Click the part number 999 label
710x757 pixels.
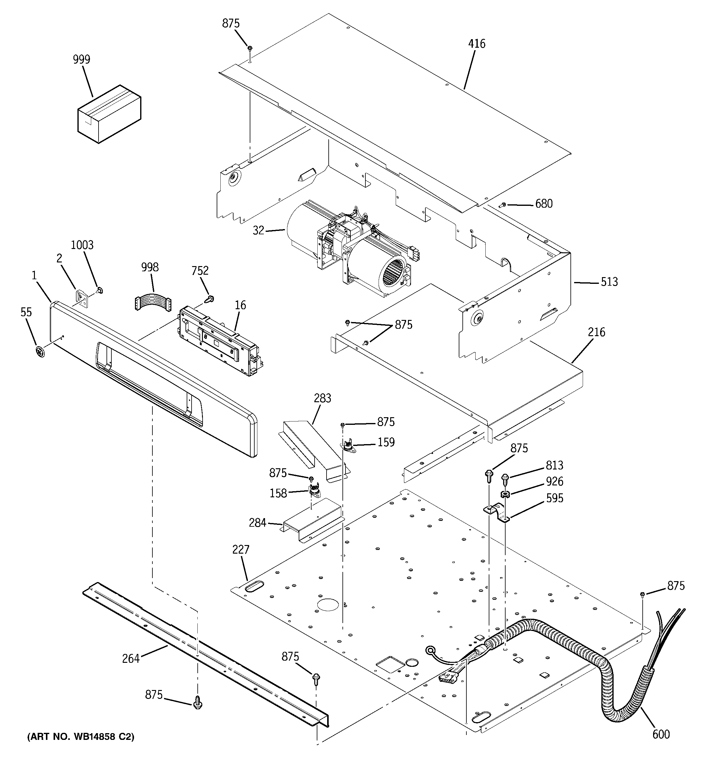[x=81, y=60]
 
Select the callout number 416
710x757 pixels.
[x=477, y=44]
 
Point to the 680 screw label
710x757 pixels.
[x=544, y=204]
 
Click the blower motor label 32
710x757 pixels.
[x=258, y=230]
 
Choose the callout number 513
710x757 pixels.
[x=609, y=282]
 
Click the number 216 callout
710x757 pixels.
[x=596, y=332]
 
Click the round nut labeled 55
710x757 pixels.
[x=39, y=351]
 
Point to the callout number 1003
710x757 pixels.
[x=82, y=245]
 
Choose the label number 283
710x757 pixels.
[x=323, y=398]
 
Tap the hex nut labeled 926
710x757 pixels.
[x=505, y=495]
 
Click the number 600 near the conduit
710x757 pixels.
[x=661, y=734]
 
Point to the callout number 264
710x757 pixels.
[x=131, y=659]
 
